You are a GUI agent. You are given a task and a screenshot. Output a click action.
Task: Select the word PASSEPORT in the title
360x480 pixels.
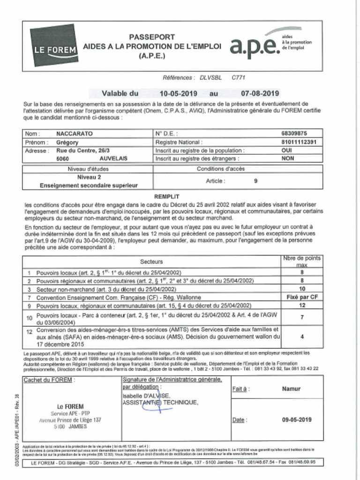pos(152,37)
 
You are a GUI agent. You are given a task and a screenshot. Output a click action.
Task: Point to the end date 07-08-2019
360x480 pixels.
pos(260,93)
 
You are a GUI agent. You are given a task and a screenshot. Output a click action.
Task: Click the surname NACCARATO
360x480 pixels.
pos(74,134)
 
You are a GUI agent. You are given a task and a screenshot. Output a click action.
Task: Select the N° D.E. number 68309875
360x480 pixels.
pos(294,134)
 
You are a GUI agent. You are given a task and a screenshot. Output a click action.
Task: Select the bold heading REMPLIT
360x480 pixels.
pos(167,197)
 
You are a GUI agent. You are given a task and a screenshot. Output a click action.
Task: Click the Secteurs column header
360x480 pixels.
pos(151,261)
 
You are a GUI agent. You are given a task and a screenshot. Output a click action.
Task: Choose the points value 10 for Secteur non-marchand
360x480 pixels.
pos(302,289)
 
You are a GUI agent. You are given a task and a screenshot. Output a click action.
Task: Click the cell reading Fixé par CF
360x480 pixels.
pos(302,297)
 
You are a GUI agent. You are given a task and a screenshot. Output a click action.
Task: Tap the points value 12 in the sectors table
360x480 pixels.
pos(302,306)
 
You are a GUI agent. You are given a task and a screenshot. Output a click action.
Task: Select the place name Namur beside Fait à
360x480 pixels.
pos(291,389)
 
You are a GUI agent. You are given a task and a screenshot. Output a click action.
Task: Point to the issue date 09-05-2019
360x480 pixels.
pos(297,420)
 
